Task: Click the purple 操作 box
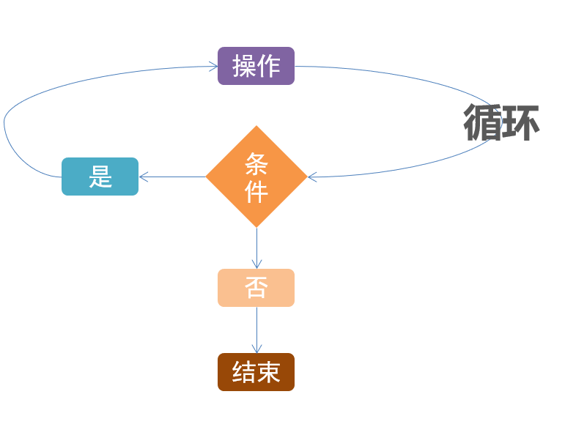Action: pyautogui.click(x=256, y=66)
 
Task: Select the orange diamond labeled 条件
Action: pyautogui.click(x=256, y=177)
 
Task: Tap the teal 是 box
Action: pyautogui.click(x=100, y=177)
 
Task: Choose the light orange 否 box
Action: pyautogui.click(x=256, y=288)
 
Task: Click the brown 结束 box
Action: pyautogui.click(x=256, y=372)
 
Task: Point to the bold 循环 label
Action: pyautogui.click(x=501, y=122)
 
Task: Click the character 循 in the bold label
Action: pyautogui.click(x=483, y=122)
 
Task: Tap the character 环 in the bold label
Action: pyautogui.click(x=520, y=122)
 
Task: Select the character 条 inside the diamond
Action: pyautogui.click(x=256, y=163)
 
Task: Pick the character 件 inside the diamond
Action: pyautogui.click(x=256, y=191)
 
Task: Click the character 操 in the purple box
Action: pyautogui.click(x=244, y=66)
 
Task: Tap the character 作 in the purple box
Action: pyautogui.click(x=268, y=66)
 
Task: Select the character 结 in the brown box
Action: pyautogui.click(x=244, y=372)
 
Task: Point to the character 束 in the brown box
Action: pyautogui.click(x=268, y=372)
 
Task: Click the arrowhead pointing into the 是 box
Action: pyautogui.click(x=143, y=177)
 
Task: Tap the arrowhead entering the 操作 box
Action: pyautogui.click(x=213, y=67)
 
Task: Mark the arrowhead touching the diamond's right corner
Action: pyautogui.click(x=311, y=177)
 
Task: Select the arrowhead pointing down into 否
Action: pyautogui.click(x=256, y=264)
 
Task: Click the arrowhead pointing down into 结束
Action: pyautogui.click(x=256, y=349)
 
